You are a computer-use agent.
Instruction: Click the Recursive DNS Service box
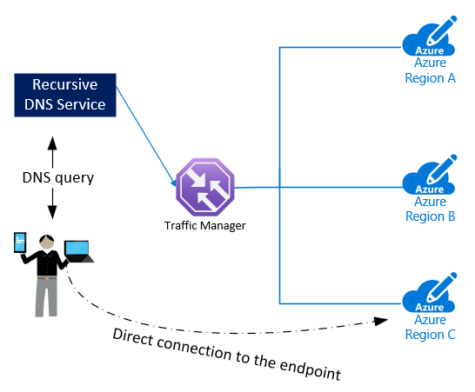[x=65, y=95]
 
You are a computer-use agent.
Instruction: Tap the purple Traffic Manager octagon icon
[x=205, y=187]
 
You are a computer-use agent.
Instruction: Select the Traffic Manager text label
[x=204, y=225]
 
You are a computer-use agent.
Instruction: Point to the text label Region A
[x=430, y=78]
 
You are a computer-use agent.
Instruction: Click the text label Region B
[x=430, y=216]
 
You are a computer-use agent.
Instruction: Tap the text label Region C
[x=430, y=335]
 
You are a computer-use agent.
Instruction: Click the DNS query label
[x=58, y=177]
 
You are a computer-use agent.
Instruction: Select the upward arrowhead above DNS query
[x=52, y=143]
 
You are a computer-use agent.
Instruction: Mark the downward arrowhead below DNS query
[x=52, y=212]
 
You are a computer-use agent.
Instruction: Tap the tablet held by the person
[x=20, y=243]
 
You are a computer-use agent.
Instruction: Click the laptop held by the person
[x=79, y=252]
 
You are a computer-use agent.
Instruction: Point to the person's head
[x=47, y=242]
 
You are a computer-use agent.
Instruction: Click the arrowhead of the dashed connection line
[x=381, y=321]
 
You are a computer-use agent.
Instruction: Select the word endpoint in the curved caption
[x=311, y=369]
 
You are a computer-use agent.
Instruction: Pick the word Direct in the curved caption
[x=133, y=336]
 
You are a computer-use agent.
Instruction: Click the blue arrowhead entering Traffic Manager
[x=174, y=183]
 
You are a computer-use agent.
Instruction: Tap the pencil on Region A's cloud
[x=441, y=30]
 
